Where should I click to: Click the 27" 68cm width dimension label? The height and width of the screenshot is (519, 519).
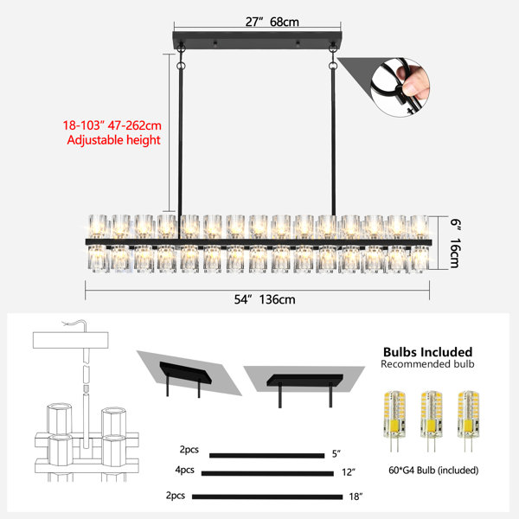click(272, 22)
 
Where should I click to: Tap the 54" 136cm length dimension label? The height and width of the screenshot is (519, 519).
click(265, 299)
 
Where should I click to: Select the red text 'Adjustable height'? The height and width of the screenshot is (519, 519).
click(113, 140)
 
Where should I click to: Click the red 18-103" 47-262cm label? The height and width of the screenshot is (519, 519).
click(112, 125)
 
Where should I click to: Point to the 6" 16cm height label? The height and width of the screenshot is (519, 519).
click(455, 243)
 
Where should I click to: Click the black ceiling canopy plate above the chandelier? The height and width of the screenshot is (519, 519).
click(258, 40)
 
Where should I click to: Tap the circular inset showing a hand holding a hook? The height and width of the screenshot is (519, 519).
click(400, 87)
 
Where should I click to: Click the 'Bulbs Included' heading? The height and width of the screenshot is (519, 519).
click(427, 351)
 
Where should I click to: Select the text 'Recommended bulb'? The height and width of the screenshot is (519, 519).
click(427, 364)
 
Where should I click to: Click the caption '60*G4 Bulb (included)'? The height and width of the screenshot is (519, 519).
click(433, 470)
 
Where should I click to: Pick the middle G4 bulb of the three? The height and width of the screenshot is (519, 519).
click(431, 420)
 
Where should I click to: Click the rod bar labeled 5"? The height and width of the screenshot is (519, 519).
click(266, 456)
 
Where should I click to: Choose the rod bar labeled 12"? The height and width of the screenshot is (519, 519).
click(267, 474)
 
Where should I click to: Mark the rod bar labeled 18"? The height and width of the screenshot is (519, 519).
click(267, 497)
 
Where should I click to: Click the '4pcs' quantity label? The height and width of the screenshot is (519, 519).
click(185, 470)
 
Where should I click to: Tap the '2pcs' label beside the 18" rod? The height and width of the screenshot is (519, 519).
click(175, 496)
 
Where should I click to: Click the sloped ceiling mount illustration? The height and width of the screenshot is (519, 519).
click(189, 374)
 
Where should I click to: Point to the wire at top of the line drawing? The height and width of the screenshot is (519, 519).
click(74, 324)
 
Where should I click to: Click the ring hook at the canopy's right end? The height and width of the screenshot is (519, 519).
click(333, 48)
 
